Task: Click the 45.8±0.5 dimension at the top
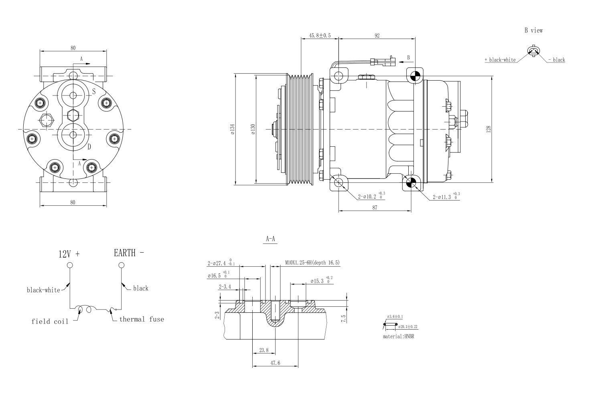[320, 35]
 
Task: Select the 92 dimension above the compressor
[377, 35]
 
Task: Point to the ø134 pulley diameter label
[232, 129]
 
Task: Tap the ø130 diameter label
[253, 129]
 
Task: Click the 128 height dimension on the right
[488, 130]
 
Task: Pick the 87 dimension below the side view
[375, 208]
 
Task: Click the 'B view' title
[533, 30]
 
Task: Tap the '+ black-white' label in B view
[500, 60]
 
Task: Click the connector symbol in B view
[534, 51]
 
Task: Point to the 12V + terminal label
[69, 254]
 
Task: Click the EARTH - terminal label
[129, 253]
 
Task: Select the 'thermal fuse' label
[142, 320]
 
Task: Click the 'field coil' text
[50, 322]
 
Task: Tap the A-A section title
[271, 239]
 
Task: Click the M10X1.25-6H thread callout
[312, 263]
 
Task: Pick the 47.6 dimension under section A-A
[275, 363]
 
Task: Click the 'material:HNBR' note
[398, 336]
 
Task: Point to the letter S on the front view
[94, 92]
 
